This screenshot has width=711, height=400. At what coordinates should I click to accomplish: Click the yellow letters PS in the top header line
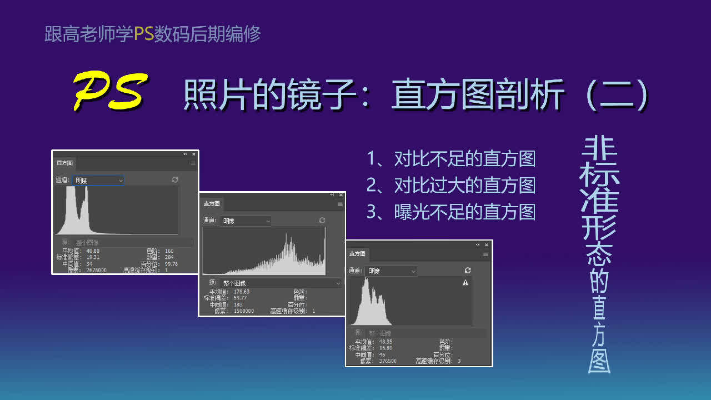point(144,34)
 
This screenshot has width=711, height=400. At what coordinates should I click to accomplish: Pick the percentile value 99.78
point(172,264)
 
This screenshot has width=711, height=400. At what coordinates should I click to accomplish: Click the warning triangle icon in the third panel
point(465,283)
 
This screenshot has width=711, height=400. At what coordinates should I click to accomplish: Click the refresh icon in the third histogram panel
point(468,271)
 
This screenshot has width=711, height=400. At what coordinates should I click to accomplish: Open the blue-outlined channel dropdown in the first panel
point(98,180)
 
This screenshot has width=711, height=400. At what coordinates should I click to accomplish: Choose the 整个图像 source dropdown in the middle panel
point(281,283)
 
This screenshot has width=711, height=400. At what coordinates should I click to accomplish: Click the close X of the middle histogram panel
point(340,195)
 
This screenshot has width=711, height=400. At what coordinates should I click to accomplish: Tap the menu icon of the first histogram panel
point(193,163)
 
